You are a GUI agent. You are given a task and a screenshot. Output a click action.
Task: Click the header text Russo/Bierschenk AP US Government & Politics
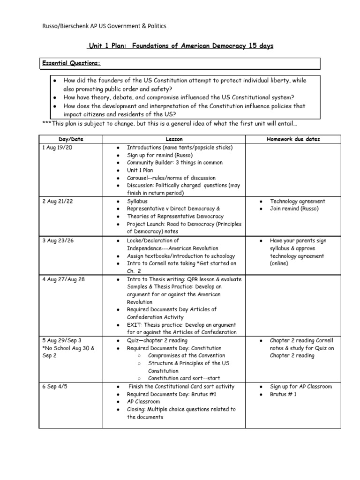point(104,26)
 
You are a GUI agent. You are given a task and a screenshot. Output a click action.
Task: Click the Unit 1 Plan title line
point(180,46)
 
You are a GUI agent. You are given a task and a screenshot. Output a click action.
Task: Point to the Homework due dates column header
point(293,139)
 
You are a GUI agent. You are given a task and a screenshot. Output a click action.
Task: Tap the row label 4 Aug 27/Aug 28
point(64,279)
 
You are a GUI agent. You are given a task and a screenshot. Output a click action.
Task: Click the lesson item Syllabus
point(137,201)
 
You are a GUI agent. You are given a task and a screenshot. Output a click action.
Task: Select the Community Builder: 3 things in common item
point(168,163)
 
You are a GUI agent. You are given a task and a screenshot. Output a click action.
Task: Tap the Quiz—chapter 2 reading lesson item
point(157,340)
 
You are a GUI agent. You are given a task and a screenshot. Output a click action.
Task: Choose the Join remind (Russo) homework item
point(294,209)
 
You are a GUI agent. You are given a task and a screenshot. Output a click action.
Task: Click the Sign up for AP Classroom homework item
point(300,387)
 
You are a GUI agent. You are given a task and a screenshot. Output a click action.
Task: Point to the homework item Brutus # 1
point(283,394)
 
